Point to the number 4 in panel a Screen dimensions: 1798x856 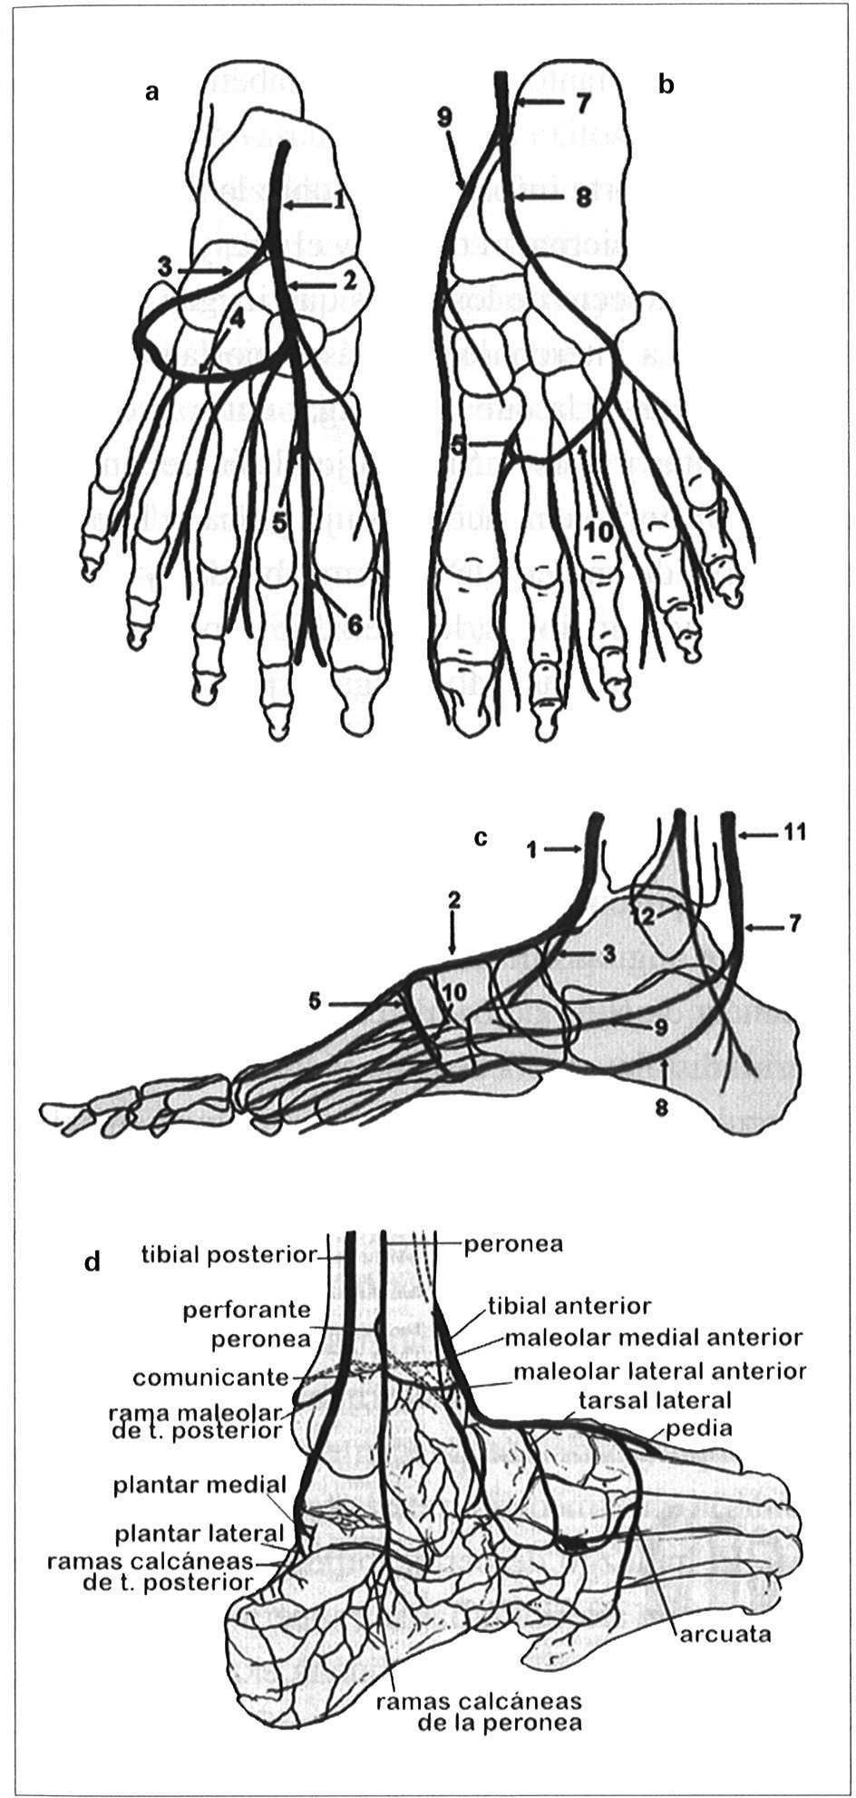238,317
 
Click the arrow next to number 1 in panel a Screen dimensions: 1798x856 305,207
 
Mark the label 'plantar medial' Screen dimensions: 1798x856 199,1487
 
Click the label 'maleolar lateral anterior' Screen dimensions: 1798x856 659,1370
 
